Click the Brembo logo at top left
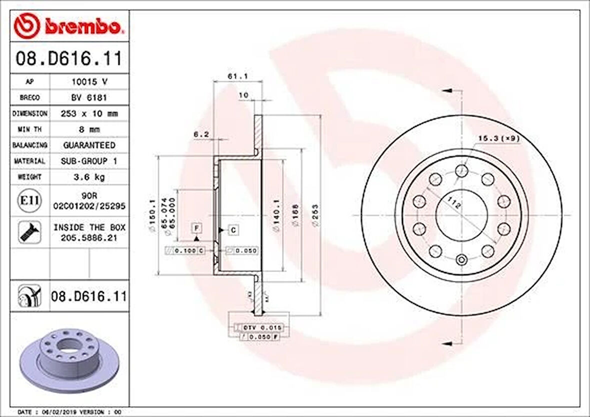tap(68, 26)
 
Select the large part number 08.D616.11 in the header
tap(68, 59)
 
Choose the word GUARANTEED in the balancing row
tap(88, 145)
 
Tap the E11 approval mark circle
tap(29, 201)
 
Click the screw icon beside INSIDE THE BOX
tap(29, 232)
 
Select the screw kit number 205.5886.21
tap(89, 238)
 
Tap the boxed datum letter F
tap(197, 228)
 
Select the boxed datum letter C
tap(233, 230)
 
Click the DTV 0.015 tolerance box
tap(262, 327)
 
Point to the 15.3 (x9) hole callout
tap(497, 137)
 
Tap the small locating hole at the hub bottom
tap(461, 259)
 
